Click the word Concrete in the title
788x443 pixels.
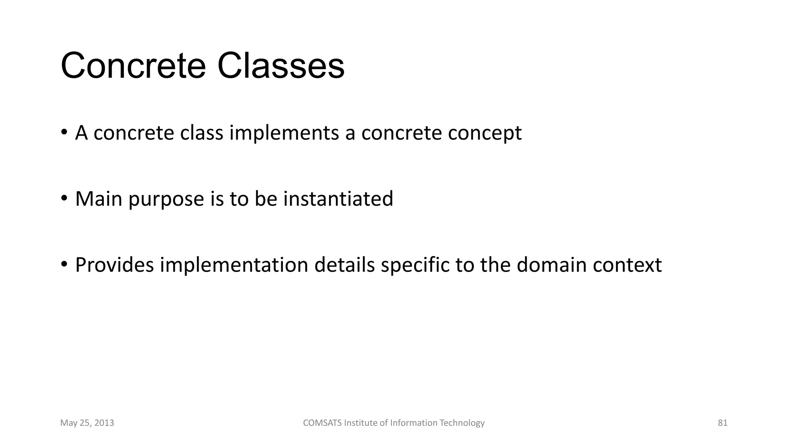pos(133,66)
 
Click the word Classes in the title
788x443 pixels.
pos(281,66)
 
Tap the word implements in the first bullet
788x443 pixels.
pos(284,133)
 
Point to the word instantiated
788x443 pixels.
pos(338,199)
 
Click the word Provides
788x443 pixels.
pos(114,265)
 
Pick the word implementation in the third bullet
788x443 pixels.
pos(234,266)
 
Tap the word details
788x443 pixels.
pos(344,265)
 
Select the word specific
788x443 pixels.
pos(415,266)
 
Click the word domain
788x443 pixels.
pos(551,265)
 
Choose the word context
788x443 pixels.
pos(627,265)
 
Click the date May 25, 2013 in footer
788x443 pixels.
pos(87,423)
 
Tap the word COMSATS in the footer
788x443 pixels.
pos(322,423)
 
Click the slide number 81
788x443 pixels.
pos(723,423)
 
